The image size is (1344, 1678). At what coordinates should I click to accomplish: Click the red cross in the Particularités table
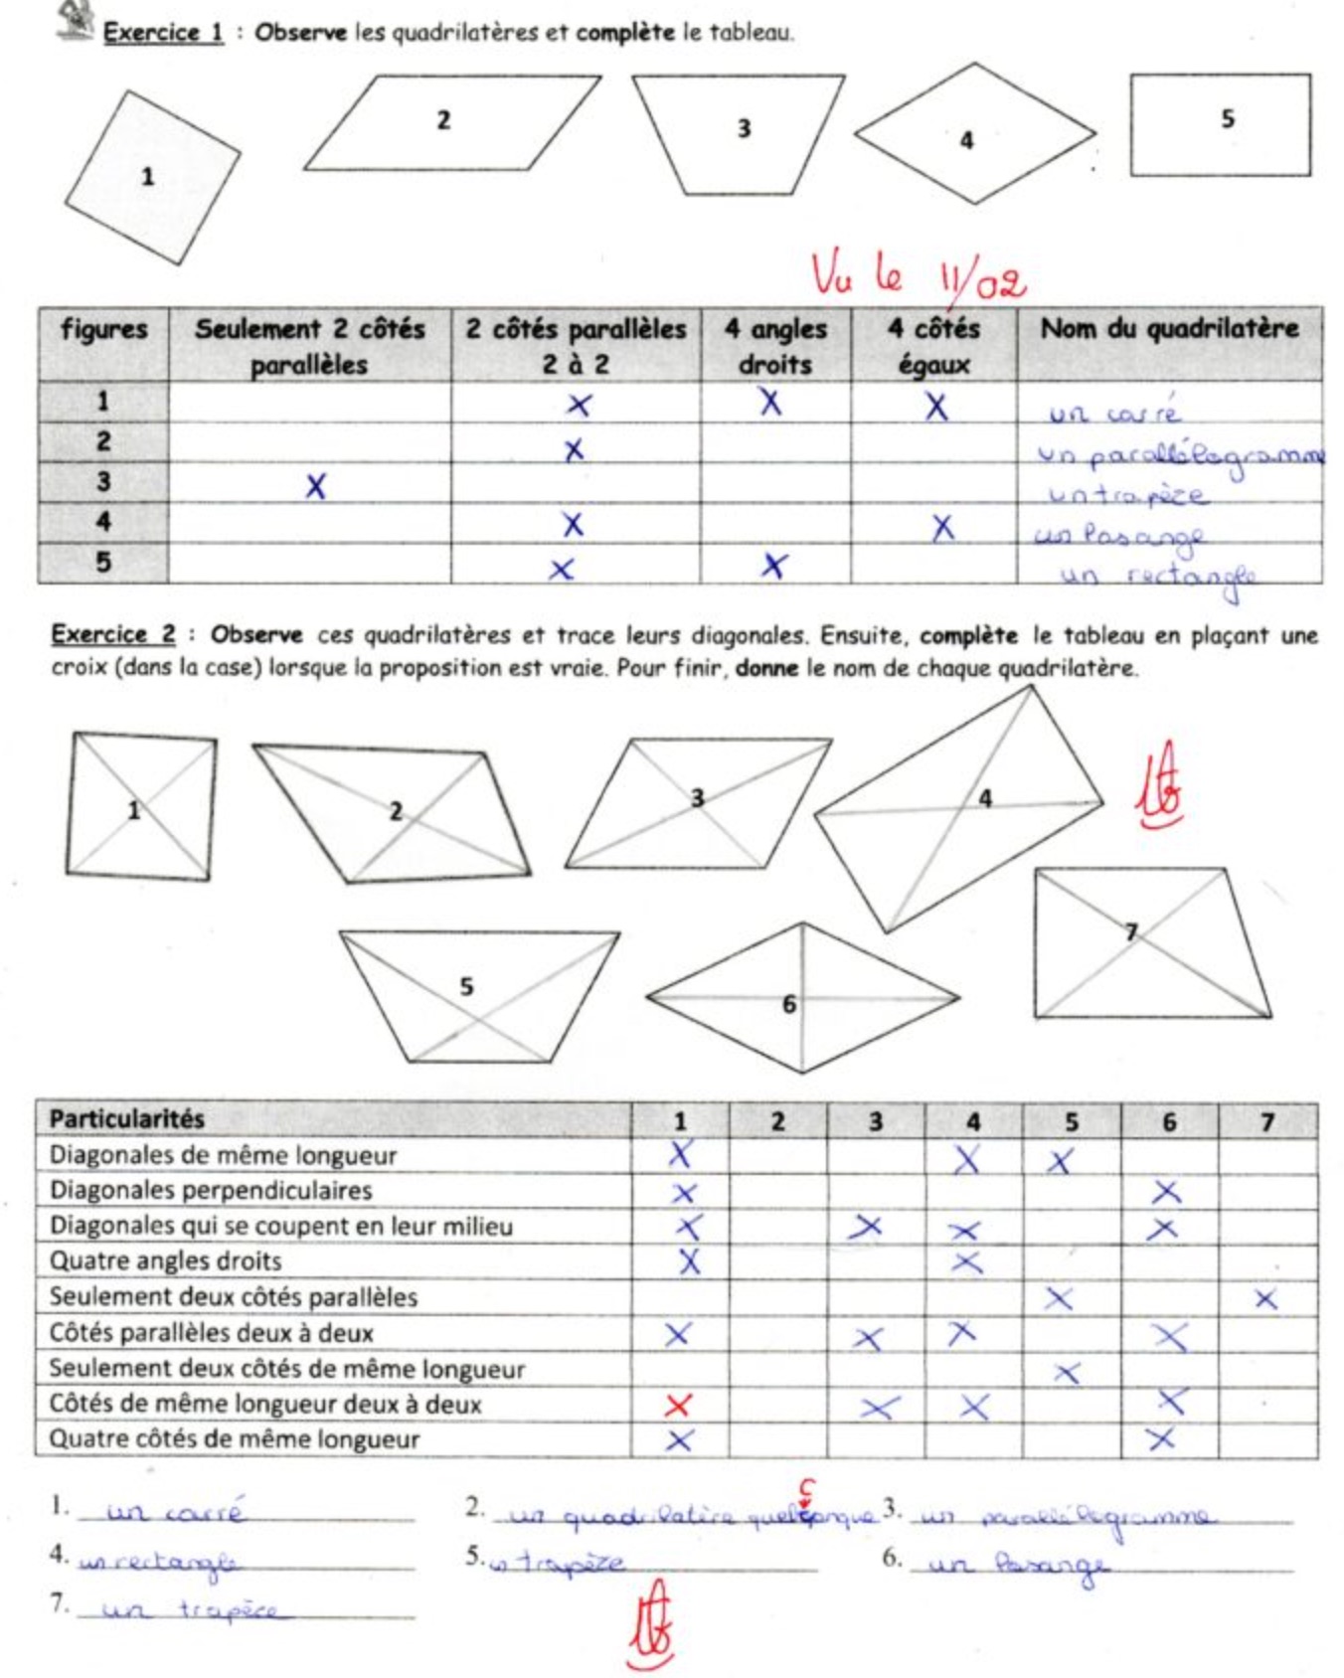[678, 1405]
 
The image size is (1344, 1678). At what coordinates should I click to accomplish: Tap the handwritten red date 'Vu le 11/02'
[918, 274]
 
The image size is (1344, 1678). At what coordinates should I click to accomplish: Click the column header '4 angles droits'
[775, 346]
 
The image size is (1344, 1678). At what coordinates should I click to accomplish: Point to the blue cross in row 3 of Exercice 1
[315, 486]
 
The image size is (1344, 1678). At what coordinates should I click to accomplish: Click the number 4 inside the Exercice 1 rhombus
[966, 141]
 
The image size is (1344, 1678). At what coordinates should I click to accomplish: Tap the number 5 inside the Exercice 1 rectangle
[1228, 119]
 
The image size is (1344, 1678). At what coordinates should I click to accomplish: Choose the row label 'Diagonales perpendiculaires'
[211, 1190]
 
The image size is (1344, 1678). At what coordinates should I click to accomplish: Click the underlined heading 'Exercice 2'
[112, 634]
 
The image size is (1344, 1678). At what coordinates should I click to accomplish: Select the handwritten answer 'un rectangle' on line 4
[159, 1562]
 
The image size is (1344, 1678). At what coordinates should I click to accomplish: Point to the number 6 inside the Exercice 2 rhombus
[789, 1004]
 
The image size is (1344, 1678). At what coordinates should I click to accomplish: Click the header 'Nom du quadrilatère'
[1169, 329]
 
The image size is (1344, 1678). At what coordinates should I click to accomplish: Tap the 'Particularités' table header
[126, 1119]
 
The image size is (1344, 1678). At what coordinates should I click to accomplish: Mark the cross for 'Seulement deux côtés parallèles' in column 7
[1265, 1298]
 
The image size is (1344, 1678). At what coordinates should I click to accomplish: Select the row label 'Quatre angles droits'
[165, 1261]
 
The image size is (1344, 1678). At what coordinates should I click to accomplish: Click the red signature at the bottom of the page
[652, 1622]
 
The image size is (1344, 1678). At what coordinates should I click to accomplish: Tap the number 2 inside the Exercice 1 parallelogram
[443, 120]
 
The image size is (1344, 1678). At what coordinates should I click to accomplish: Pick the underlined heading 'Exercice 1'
[163, 33]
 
